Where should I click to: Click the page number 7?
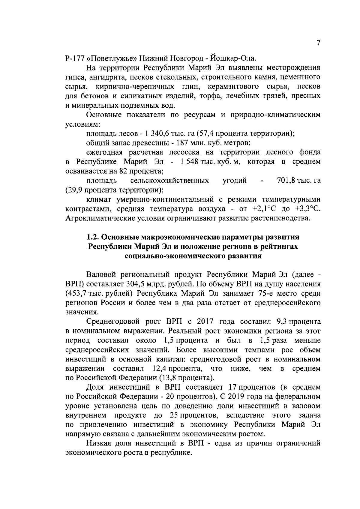(x=318, y=44)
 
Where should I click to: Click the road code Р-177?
(x=74, y=58)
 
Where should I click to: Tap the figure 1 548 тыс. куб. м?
(x=208, y=162)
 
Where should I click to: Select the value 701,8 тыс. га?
(x=298, y=181)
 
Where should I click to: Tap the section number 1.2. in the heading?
(x=93, y=237)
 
